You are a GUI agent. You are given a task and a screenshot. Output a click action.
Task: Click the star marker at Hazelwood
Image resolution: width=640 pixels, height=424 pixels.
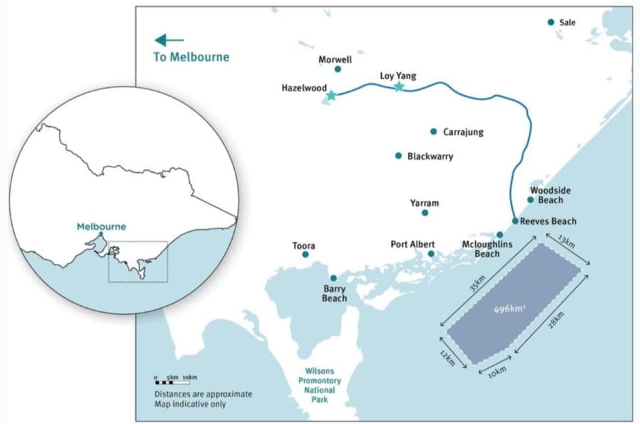[x=331, y=95]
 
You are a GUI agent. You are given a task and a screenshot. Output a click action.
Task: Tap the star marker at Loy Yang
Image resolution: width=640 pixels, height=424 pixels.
[x=399, y=86]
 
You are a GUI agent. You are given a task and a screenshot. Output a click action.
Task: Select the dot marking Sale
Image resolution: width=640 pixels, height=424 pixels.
[x=551, y=22]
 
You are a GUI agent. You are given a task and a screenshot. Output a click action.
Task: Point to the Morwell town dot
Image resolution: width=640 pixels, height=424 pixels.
[x=337, y=69]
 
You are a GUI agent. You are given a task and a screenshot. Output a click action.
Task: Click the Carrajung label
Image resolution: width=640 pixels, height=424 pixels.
[x=463, y=132]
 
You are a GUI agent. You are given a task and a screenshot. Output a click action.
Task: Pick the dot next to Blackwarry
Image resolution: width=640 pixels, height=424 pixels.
[x=399, y=156]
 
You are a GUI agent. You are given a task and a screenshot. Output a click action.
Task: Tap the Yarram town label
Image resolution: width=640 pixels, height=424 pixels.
[x=425, y=203]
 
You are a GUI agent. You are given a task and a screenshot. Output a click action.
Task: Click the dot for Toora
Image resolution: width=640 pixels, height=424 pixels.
[x=305, y=255]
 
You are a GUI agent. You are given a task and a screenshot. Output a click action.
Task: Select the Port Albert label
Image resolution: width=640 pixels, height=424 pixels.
[x=413, y=245]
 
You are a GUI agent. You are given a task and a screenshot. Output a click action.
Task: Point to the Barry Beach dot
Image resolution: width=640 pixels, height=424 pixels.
[x=333, y=278]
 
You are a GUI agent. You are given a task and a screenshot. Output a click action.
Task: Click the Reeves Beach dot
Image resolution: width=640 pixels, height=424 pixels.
[x=515, y=221]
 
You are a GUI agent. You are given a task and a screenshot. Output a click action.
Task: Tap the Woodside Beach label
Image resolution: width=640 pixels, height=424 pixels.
[x=550, y=195]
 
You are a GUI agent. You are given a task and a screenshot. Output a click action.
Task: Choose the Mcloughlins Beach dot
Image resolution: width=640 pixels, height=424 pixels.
[x=500, y=235]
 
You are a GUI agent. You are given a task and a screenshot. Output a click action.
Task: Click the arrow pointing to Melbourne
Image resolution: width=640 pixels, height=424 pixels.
[x=169, y=40]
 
